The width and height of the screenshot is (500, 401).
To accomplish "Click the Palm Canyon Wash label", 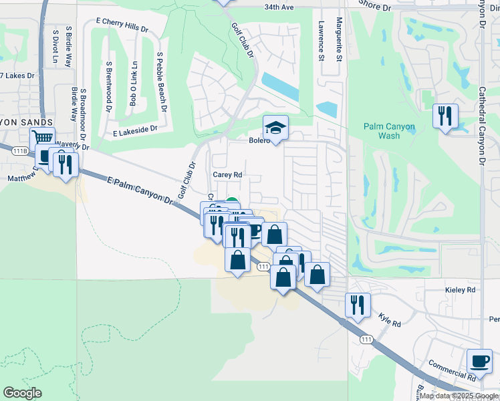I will [x=389, y=131].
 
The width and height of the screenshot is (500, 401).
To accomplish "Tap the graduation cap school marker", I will [x=275, y=126].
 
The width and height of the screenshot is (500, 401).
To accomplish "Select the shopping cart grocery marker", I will [x=43, y=138].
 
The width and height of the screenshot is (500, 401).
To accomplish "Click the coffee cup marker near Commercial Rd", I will [x=479, y=361].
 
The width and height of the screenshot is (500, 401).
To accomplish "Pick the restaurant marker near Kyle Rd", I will [x=357, y=305].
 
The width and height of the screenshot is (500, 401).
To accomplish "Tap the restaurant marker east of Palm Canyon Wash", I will [x=444, y=116].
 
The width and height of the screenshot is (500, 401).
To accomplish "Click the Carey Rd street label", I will [x=227, y=174].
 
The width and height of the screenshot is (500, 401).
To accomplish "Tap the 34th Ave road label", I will [x=279, y=7].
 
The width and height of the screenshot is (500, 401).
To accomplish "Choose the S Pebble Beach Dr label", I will [x=160, y=81].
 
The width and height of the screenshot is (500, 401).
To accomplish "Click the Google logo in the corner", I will [x=22, y=393].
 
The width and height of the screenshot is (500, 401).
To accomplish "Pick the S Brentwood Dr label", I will [x=108, y=83].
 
